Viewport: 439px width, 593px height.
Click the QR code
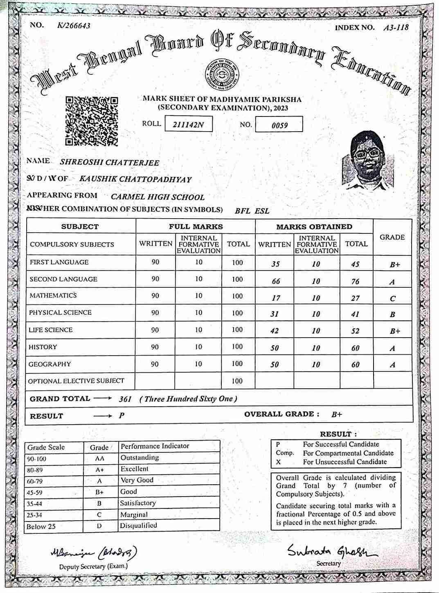click(x=92, y=121)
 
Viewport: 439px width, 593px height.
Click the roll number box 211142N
click(x=188, y=124)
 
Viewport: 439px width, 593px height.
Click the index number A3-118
click(x=396, y=27)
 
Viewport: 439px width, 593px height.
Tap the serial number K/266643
click(x=74, y=25)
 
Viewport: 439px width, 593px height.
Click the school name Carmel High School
click(x=158, y=197)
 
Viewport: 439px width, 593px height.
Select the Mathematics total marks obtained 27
click(x=355, y=298)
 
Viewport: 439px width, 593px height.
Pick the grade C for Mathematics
click(x=392, y=298)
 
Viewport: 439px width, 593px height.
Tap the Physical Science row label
click(x=60, y=313)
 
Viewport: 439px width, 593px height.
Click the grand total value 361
click(x=125, y=399)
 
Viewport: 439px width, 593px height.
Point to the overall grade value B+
click(x=337, y=414)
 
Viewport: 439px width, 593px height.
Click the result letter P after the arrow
click(x=122, y=416)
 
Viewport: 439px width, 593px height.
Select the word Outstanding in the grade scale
click(x=140, y=458)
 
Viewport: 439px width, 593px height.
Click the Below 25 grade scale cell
click(x=41, y=526)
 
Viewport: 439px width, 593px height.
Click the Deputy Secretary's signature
click(x=94, y=553)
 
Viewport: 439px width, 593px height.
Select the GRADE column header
click(x=392, y=237)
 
